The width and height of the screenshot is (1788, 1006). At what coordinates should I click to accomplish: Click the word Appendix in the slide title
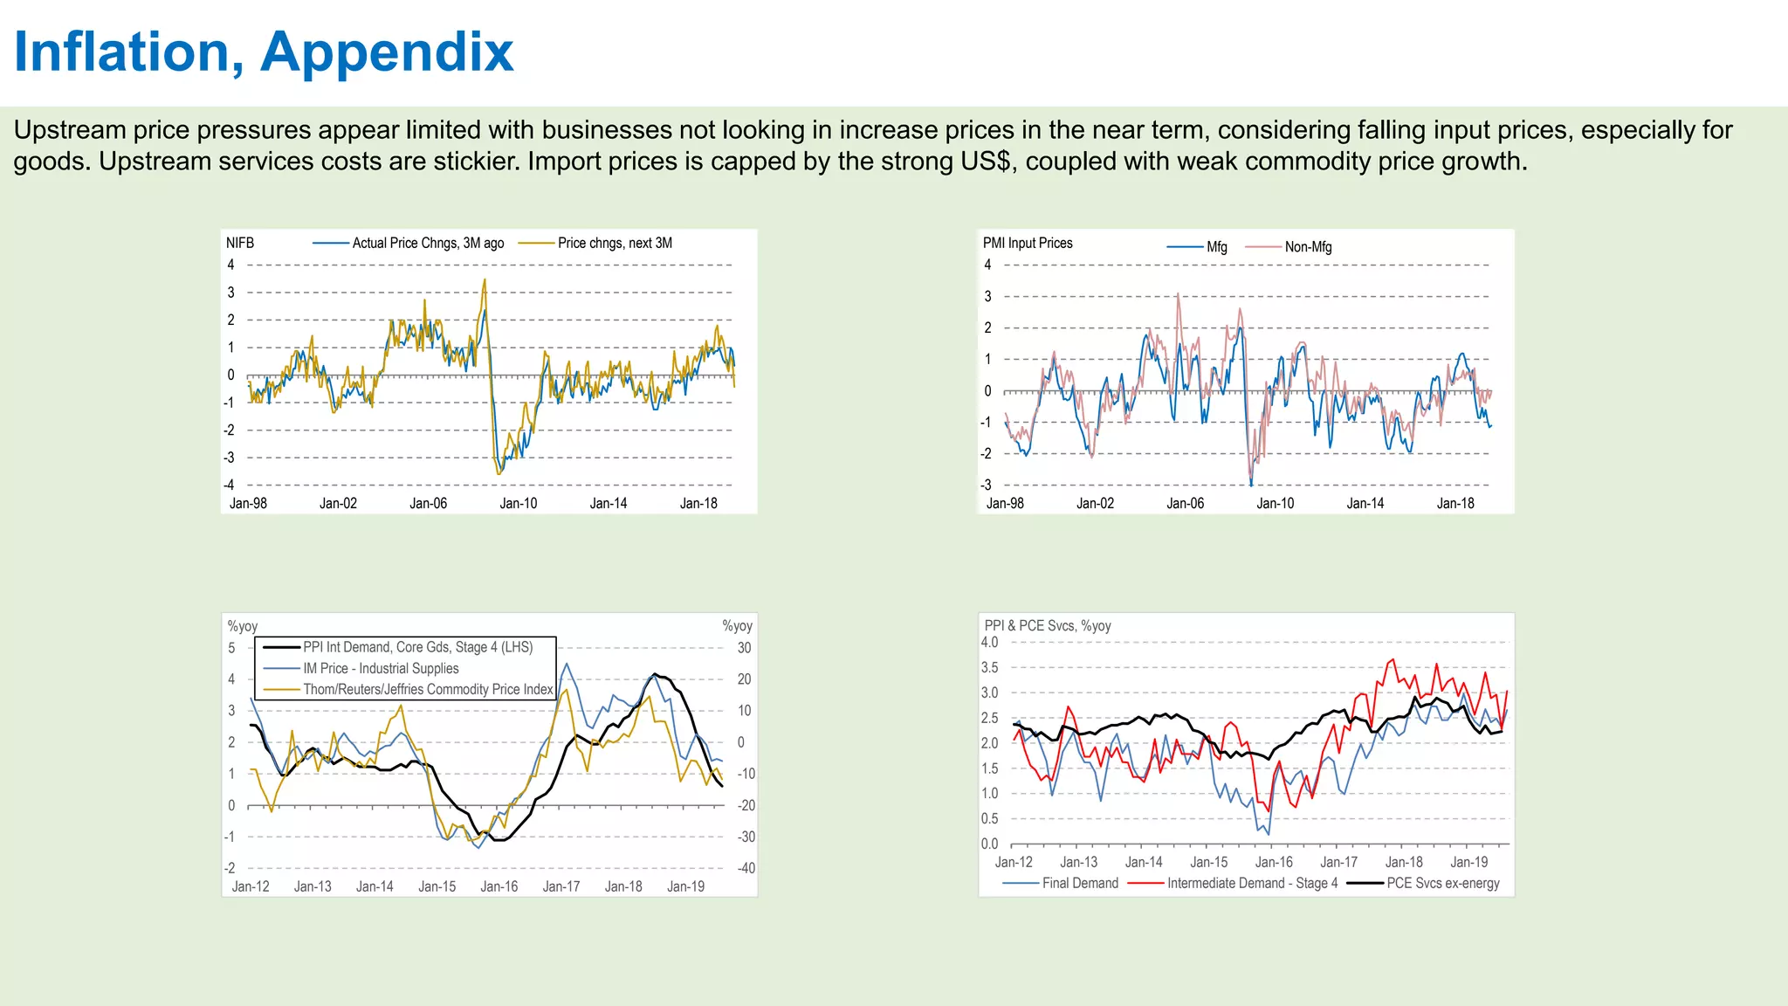[x=387, y=52]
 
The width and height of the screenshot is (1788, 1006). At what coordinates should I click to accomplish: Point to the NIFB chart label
[x=240, y=243]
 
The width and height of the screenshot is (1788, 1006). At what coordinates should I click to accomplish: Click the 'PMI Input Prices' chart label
[x=1028, y=243]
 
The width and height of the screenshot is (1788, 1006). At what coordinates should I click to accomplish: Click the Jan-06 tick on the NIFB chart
[x=428, y=504]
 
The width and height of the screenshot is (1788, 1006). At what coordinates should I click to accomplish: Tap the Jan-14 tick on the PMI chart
[x=1365, y=504]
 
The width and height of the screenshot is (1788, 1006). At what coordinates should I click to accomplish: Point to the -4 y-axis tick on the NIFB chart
[x=230, y=486]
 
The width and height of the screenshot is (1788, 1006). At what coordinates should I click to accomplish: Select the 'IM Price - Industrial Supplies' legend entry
[x=381, y=668]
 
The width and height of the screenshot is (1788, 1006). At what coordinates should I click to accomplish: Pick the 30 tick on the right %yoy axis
[x=744, y=648]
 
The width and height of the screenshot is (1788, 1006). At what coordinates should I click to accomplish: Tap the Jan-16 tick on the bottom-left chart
[x=499, y=886]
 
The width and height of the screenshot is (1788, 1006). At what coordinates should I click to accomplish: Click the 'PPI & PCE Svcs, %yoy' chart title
[x=1048, y=626]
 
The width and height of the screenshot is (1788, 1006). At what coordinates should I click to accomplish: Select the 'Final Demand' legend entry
[x=1080, y=883]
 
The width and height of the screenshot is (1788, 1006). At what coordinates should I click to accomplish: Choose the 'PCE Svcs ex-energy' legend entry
[x=1442, y=883]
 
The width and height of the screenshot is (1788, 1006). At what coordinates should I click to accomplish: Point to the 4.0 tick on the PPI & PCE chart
[x=989, y=642]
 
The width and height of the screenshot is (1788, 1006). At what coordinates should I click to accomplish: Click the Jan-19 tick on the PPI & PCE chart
[x=1468, y=862]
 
